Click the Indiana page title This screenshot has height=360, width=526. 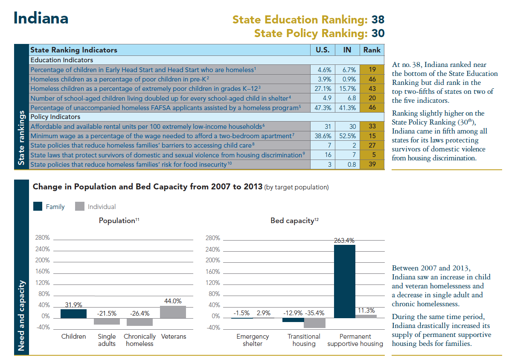41,18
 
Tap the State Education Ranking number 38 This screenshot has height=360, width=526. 378,20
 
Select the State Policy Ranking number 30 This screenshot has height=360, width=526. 378,33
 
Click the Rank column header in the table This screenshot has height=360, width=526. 372,50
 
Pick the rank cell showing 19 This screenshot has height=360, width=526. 372,69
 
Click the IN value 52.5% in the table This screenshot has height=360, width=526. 347,136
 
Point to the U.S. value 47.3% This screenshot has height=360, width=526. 323,107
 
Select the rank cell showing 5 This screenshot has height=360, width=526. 372,155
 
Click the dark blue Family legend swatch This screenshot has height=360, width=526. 38,206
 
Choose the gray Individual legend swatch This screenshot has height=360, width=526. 79,206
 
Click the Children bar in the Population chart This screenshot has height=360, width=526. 73,314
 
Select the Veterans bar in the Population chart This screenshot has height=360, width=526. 173,312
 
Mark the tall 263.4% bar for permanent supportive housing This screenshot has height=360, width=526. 344,282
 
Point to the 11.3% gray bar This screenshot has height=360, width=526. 366,316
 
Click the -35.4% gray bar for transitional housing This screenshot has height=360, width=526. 315,322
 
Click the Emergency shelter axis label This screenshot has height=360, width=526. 253,340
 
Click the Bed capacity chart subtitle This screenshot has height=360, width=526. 294,221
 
